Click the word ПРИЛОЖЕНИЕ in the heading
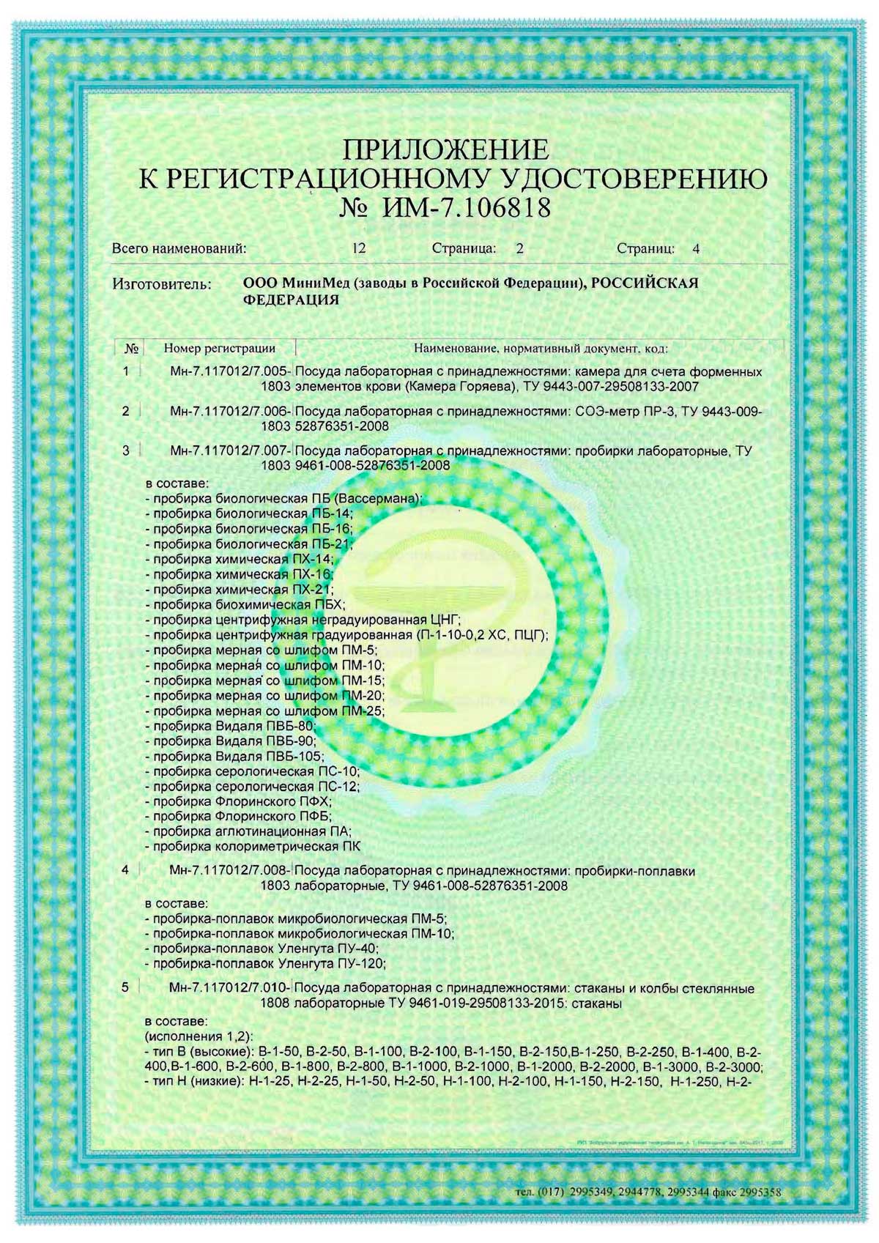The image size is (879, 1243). [445, 150]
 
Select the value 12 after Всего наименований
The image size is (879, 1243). [359, 248]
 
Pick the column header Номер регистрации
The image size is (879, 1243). [220, 348]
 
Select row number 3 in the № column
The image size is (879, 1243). [126, 450]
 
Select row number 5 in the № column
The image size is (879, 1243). [126, 987]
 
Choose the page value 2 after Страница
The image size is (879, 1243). [519, 248]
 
